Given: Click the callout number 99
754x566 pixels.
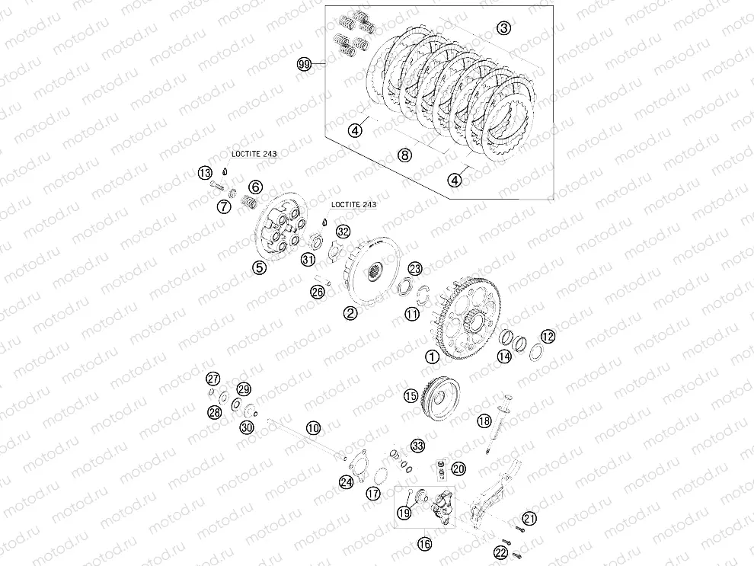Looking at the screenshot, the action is (x=305, y=64).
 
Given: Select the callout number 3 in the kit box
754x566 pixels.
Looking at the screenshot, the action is (x=503, y=28).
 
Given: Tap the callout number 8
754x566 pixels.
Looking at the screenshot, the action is (x=405, y=155).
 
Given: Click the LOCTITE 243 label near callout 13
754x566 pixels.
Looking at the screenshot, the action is (x=254, y=154).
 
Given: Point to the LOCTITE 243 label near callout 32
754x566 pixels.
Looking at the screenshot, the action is (x=353, y=204).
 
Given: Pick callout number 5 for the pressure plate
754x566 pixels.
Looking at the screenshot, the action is (x=260, y=268).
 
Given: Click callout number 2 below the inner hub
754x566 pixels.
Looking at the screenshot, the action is (x=350, y=313).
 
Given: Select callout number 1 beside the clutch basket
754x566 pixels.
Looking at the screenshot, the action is (x=433, y=357).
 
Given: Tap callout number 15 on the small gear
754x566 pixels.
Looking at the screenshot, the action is (x=411, y=396).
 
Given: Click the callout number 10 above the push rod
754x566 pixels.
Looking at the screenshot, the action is (x=313, y=427).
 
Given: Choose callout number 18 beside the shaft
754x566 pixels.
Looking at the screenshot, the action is (x=484, y=421).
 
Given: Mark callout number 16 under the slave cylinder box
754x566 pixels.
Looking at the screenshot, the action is (x=424, y=544).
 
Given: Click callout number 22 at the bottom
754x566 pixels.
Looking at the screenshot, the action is (x=501, y=552).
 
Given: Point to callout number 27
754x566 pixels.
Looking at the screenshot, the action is (x=213, y=379).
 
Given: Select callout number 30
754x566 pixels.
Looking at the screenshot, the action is (x=247, y=427).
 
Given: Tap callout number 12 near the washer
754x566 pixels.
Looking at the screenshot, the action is (x=548, y=336).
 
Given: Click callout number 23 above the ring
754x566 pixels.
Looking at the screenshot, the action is (x=415, y=268).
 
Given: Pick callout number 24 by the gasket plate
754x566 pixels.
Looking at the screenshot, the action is (x=347, y=482).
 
